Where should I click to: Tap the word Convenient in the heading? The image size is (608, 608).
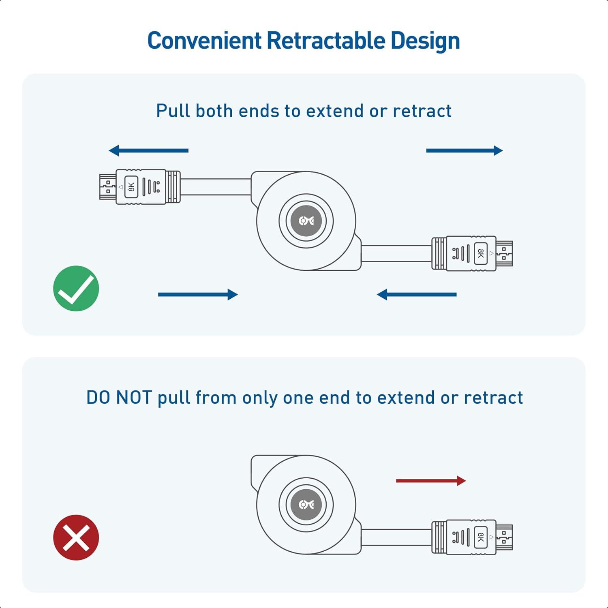pos(204,41)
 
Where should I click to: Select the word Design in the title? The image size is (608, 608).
pos(425,41)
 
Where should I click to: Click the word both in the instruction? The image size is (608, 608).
pos(214,111)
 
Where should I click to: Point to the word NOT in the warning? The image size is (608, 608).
pos(134,397)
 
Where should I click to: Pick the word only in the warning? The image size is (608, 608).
pos(260,398)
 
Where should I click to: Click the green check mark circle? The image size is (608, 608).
pos(76,289)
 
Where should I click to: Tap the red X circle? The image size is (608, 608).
pos(76,537)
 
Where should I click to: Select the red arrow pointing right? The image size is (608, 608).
pos(430,481)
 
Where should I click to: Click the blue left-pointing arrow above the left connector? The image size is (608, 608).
pos(149,150)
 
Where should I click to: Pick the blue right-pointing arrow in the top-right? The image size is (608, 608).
pos(464,151)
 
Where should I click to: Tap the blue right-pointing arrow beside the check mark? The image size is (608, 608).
pos(198,294)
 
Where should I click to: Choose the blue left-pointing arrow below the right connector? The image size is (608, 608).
pos(417,294)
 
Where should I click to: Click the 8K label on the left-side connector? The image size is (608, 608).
pos(131,187)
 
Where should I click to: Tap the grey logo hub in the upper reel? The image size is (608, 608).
pos(306,221)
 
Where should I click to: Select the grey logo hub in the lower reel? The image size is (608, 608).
pos(306,505)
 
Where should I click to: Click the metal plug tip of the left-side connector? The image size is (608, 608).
pos(107,187)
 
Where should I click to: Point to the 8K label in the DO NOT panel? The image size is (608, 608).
pos(481,537)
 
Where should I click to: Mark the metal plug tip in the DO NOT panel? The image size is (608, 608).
pos(504,537)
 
